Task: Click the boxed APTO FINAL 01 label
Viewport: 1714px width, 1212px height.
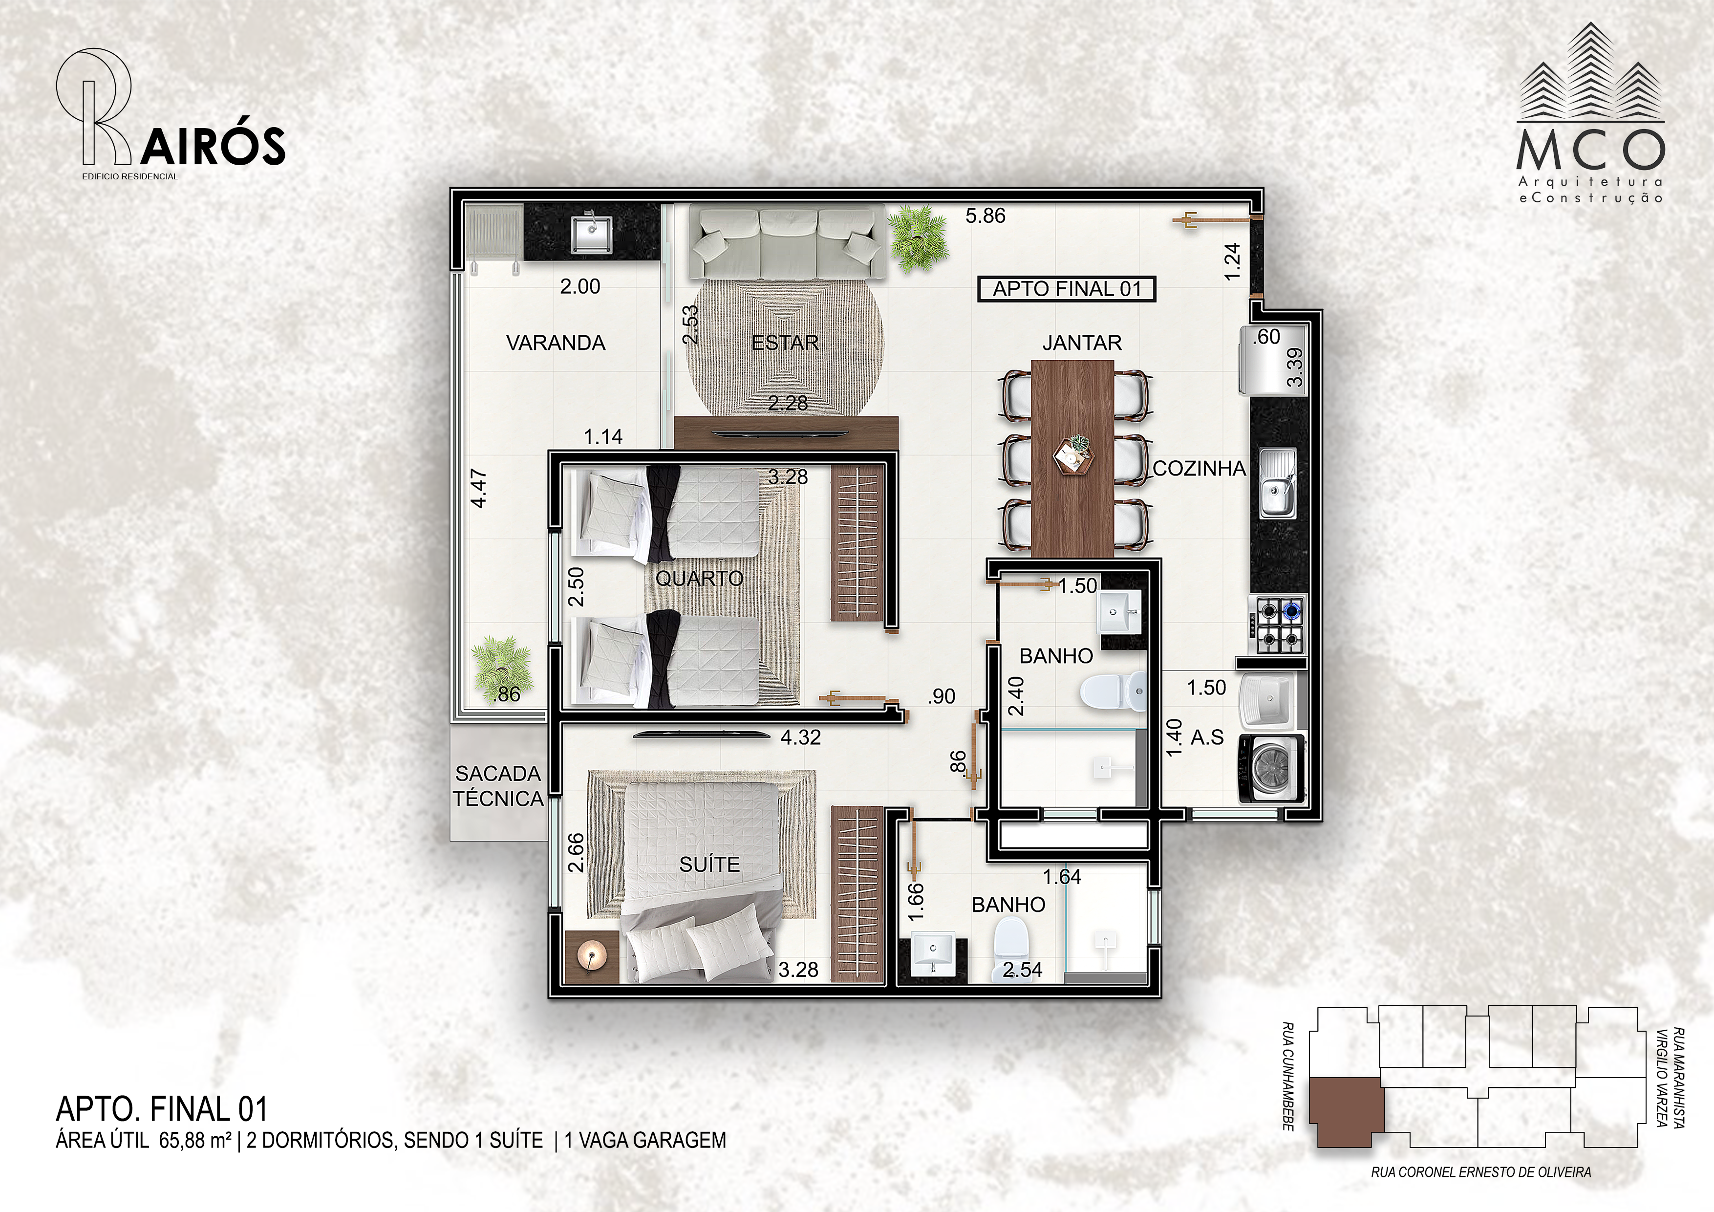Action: tap(1067, 289)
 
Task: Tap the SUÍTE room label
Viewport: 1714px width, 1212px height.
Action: tap(709, 864)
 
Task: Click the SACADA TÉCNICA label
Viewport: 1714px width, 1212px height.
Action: tap(498, 785)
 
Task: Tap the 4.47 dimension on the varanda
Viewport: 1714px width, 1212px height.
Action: tap(479, 488)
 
